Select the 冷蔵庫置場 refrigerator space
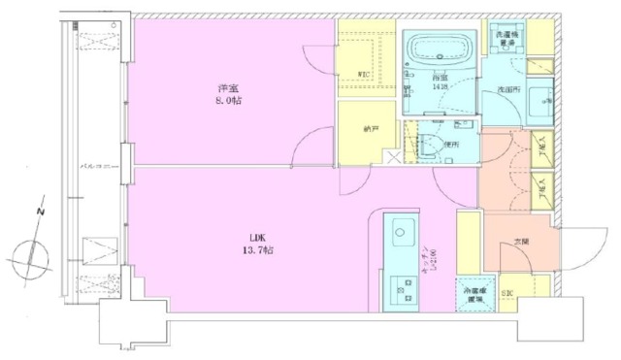pos(474,293)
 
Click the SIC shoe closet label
pos(506,291)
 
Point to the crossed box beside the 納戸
pos(392,155)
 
